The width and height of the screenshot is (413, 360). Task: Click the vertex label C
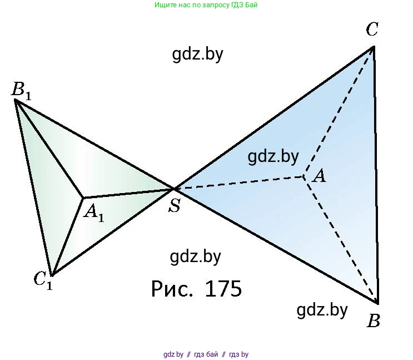click(372, 29)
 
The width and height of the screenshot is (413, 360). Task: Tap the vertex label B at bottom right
click(374, 320)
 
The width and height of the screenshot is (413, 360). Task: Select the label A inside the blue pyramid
click(319, 176)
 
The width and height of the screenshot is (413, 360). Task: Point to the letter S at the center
click(175, 205)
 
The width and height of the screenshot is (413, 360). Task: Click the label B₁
click(21, 91)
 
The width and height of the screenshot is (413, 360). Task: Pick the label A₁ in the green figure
click(94, 213)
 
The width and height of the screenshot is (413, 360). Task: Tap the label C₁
click(43, 280)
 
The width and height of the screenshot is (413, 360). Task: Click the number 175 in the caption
click(223, 289)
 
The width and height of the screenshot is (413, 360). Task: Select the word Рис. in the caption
click(171, 289)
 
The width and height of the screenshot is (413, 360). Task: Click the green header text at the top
click(206, 5)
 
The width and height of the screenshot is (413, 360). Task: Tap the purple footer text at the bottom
click(206, 354)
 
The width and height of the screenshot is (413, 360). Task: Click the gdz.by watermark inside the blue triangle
click(273, 157)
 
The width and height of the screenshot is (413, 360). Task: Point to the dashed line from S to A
click(239, 183)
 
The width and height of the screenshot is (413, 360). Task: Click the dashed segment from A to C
click(339, 111)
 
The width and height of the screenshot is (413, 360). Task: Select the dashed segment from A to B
click(341, 240)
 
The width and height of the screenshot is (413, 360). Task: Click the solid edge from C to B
click(376, 175)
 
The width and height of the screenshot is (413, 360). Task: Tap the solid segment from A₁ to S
click(128, 193)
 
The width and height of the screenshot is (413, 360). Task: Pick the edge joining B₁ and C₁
click(33, 188)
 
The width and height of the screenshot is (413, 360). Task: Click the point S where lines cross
click(174, 189)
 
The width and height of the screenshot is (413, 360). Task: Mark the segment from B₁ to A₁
click(49, 149)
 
